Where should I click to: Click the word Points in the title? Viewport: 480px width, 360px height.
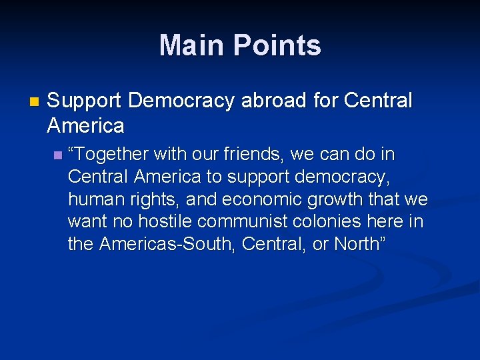pyautogui.click(x=279, y=45)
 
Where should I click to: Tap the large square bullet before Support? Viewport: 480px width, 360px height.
pyautogui.click(x=34, y=102)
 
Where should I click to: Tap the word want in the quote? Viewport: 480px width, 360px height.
pyautogui.click(x=89, y=222)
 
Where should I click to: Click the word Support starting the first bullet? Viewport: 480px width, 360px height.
pyautogui.click(x=85, y=101)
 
